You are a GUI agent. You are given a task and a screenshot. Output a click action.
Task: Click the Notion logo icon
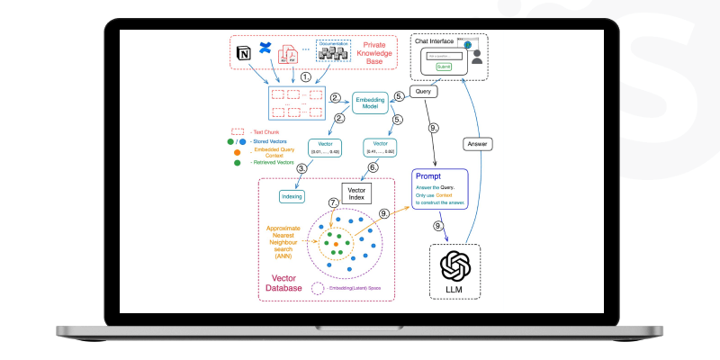coord(242,56)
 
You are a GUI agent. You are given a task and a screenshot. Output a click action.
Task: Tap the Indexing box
coord(292,195)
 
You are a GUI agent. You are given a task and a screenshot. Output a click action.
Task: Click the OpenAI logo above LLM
coord(455,267)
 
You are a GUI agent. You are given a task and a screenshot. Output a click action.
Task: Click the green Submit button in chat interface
coord(443,67)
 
